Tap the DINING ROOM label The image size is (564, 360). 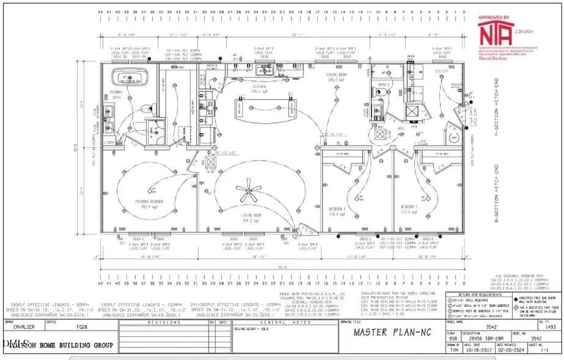337,77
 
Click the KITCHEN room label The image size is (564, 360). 256,87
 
